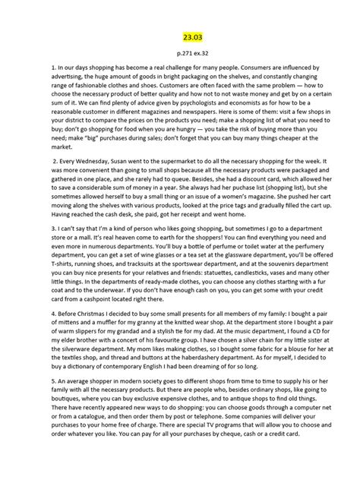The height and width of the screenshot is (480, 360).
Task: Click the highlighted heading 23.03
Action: pyautogui.click(x=179, y=36)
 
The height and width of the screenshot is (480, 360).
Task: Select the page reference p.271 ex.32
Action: pyautogui.click(x=179, y=55)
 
